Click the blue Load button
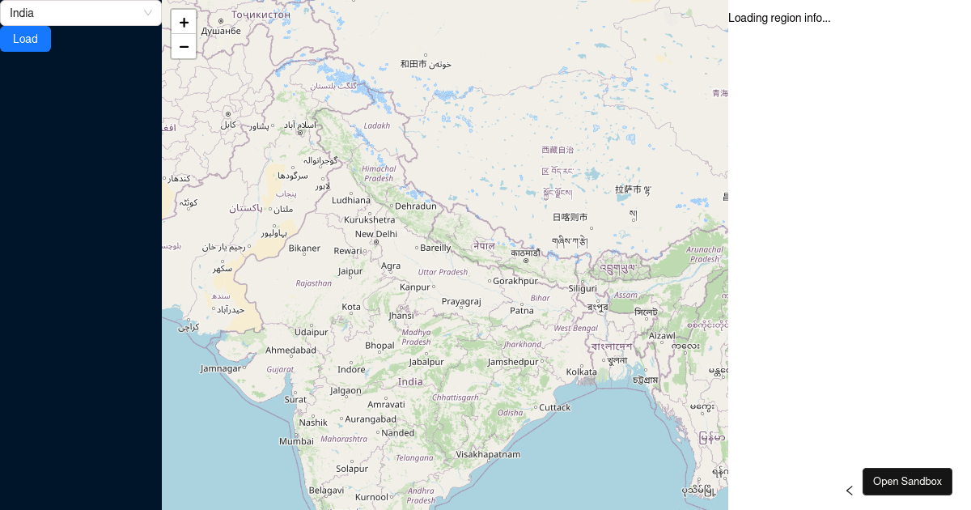(x=25, y=39)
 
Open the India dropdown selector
(x=81, y=13)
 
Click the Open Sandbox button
(x=907, y=481)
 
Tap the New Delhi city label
(x=376, y=234)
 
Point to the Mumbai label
(x=296, y=441)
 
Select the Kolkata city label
(x=581, y=372)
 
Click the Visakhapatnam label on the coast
(x=488, y=454)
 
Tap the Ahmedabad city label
(x=291, y=350)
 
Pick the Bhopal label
(x=379, y=345)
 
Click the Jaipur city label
(x=350, y=271)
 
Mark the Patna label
(x=522, y=310)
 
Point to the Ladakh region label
(x=377, y=125)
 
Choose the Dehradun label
(x=416, y=206)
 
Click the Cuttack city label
(x=555, y=407)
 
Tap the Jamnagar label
(x=221, y=368)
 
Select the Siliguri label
(x=583, y=288)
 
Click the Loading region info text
(x=779, y=18)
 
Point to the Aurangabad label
(x=371, y=419)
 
